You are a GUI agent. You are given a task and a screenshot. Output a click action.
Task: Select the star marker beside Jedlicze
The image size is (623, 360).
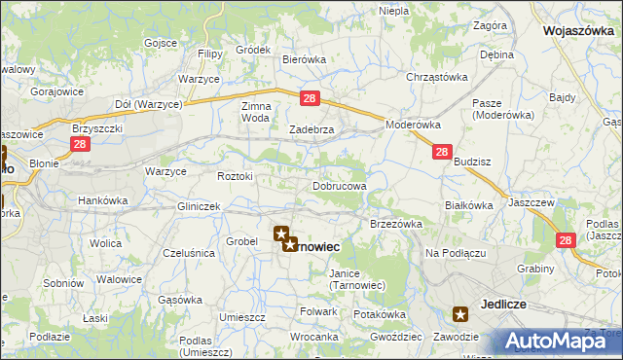[460, 313]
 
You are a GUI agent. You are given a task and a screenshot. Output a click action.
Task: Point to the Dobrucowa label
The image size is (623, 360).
[340, 185]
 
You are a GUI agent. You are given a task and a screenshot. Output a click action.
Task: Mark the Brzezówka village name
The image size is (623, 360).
[395, 223]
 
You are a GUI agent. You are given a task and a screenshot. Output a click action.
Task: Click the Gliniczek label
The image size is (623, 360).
[200, 206]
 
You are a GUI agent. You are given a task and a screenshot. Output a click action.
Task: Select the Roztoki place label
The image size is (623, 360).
[236, 176]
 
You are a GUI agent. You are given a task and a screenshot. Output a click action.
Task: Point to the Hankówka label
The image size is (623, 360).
[103, 200]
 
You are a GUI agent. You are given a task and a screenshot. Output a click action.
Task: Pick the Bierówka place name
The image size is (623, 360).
[304, 59]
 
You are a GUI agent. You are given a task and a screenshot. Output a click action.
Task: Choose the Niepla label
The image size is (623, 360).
[393, 10]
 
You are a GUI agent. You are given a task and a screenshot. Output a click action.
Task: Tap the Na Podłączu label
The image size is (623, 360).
[455, 253]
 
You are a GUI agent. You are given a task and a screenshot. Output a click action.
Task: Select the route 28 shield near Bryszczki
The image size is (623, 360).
[80, 145]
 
